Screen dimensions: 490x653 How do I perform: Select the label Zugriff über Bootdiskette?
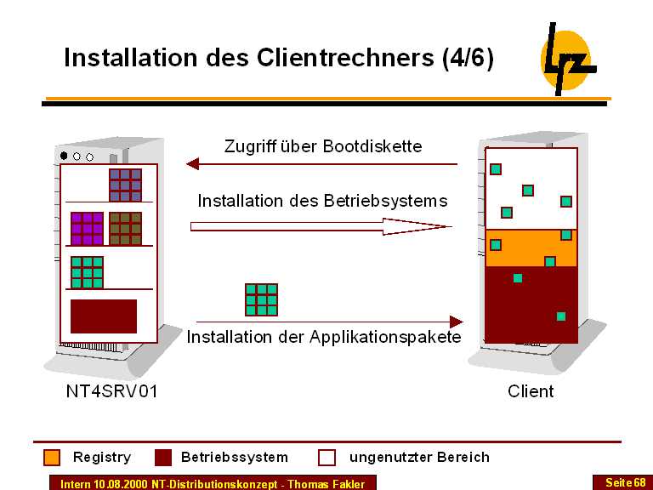pyautogui.click(x=322, y=145)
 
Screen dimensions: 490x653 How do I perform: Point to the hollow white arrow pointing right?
pyautogui.click(x=320, y=226)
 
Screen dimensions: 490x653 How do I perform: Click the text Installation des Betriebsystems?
pyautogui.click(x=322, y=202)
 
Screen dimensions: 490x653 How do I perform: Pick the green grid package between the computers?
pyautogui.click(x=261, y=299)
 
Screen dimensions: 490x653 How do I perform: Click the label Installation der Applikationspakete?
pyautogui.click(x=324, y=337)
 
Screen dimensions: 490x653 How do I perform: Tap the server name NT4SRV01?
pyautogui.click(x=111, y=391)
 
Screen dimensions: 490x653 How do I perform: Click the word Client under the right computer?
pyautogui.click(x=531, y=391)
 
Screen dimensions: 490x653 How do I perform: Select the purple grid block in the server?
pyautogui.click(x=87, y=228)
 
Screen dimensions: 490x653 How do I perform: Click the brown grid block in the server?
pyautogui.click(x=125, y=228)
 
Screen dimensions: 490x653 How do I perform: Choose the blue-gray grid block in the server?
pyautogui.click(x=125, y=185)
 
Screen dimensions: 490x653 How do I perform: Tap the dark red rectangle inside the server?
pyautogui.click(x=103, y=316)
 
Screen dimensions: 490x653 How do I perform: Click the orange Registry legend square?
pyautogui.click(x=52, y=458)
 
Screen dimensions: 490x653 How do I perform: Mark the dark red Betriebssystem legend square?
pyautogui.click(x=163, y=458)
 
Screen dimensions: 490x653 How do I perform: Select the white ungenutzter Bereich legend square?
pyautogui.click(x=327, y=458)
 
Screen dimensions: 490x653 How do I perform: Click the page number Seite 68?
pyautogui.click(x=625, y=482)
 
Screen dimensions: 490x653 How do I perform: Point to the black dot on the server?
pyautogui.click(x=64, y=156)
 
